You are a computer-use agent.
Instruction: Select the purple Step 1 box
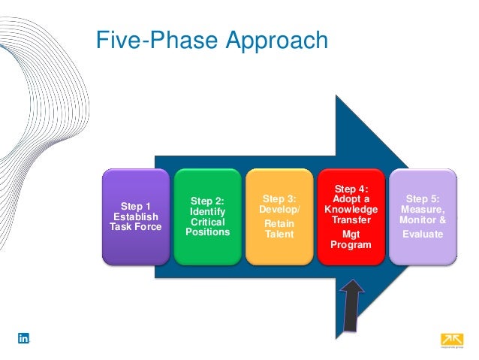pyautogui.click(x=136, y=216)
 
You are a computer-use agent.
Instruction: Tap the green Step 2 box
pyautogui.click(x=208, y=216)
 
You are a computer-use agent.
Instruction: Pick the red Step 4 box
pyautogui.click(x=351, y=216)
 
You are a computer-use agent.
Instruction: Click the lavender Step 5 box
pyautogui.click(x=423, y=216)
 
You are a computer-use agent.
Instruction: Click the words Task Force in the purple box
pyautogui.click(x=136, y=227)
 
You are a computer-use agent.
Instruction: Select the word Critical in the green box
pyautogui.click(x=208, y=222)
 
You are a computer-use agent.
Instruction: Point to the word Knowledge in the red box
pyautogui.click(x=351, y=209)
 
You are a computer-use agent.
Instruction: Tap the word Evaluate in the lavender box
pyautogui.click(x=423, y=234)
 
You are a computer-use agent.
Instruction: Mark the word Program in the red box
pyautogui.click(x=351, y=244)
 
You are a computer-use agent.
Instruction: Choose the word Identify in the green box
pyautogui.click(x=208, y=212)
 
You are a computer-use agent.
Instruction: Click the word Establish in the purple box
pyautogui.click(x=136, y=216)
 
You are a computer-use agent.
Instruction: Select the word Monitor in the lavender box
pyautogui.click(x=417, y=221)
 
